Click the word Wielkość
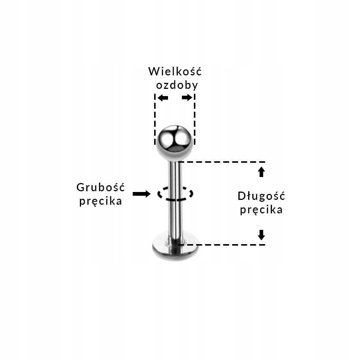pos(175,71)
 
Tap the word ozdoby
pos(177,85)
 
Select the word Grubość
pos(100,187)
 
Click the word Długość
pos(261,196)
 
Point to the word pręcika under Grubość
pos(100,201)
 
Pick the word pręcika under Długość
pos(261,210)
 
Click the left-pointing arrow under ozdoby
pos(162,98)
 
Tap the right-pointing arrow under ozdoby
pos(187,98)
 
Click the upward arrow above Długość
pos(261,172)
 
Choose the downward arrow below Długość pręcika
pos(261,235)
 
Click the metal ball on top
pos(174,142)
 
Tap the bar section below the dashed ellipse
pos(175,219)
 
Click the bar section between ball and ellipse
pos(175,174)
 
